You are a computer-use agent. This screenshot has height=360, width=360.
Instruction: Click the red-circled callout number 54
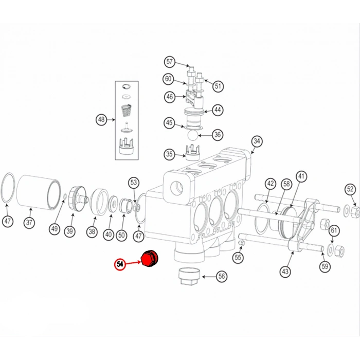tap(120, 264)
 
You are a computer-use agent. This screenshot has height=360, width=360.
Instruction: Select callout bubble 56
tap(221, 276)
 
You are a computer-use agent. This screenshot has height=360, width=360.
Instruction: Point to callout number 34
tap(257, 141)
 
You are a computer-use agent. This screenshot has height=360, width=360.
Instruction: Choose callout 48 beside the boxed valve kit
tap(101, 120)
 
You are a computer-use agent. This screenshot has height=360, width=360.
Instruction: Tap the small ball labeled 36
tap(191, 135)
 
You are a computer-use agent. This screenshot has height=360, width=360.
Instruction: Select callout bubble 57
tap(170, 62)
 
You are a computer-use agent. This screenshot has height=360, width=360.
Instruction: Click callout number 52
tap(350, 189)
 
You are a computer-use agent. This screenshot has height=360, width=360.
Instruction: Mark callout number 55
tap(238, 257)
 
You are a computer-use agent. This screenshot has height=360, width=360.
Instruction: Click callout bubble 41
tap(301, 176)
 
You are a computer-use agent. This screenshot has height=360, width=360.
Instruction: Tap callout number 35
tap(169, 154)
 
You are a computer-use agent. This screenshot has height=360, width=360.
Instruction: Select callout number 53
tap(134, 182)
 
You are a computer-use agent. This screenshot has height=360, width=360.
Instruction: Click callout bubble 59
tap(325, 266)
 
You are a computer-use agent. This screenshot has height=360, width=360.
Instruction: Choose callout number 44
tap(218, 110)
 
